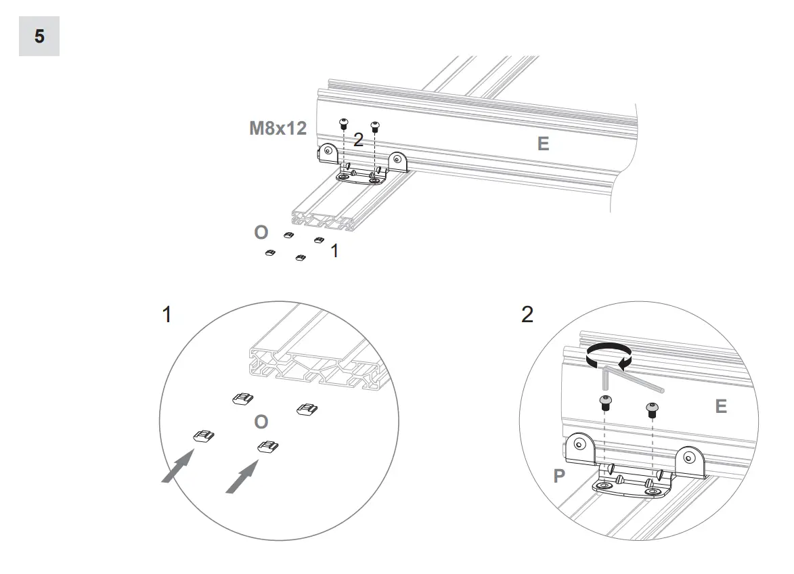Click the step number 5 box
[x=39, y=36]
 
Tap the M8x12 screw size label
[x=278, y=128]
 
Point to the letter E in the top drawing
[x=543, y=143]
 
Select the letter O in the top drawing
[x=261, y=232]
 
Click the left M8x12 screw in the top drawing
[x=343, y=123]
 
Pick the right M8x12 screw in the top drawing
[x=375, y=125]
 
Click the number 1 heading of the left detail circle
[x=167, y=315]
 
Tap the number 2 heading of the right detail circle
[x=527, y=315]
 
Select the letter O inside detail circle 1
[x=261, y=422]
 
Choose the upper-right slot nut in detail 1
[x=307, y=409]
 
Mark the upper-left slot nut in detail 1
[x=243, y=400]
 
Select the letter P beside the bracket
[x=559, y=476]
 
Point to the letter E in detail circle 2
[x=721, y=406]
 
